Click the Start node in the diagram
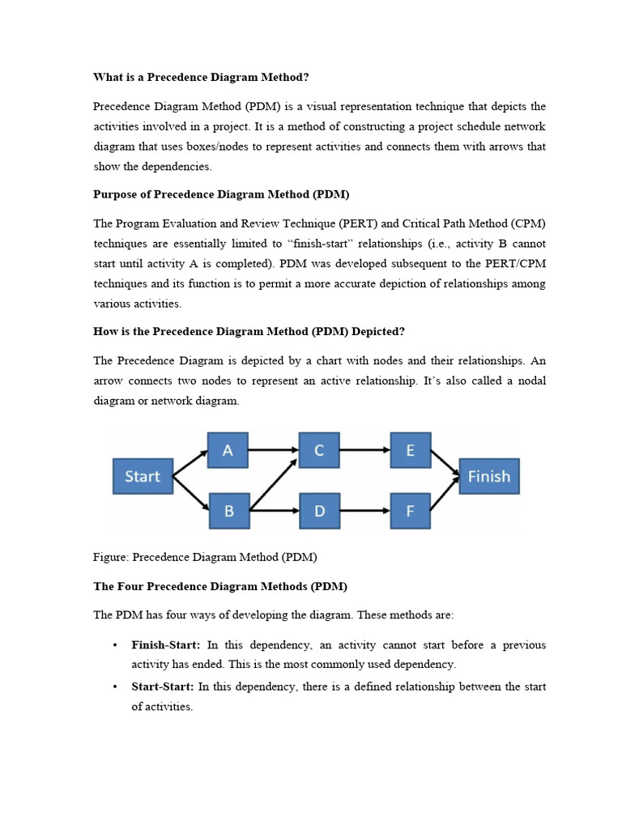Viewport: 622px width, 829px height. coord(143,476)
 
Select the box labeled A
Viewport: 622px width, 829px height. coord(228,450)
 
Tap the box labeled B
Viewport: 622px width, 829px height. coord(228,512)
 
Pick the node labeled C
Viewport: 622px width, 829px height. coord(319,450)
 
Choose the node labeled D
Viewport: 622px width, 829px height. coord(319,512)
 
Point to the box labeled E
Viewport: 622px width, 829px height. coord(411,450)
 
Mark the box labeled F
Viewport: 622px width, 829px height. coord(411,512)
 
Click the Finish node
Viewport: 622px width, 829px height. coord(489,476)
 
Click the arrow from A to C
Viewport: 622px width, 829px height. coord(273,450)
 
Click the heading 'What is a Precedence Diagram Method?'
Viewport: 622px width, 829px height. coord(201,77)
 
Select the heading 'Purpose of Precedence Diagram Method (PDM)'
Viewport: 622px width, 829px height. coord(220,194)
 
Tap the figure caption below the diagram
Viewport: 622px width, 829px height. coord(205,557)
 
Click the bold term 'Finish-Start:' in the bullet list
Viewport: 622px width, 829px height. coord(166,645)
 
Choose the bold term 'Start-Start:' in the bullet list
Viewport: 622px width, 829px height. coord(163,687)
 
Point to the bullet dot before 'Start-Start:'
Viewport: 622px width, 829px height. coord(115,687)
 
